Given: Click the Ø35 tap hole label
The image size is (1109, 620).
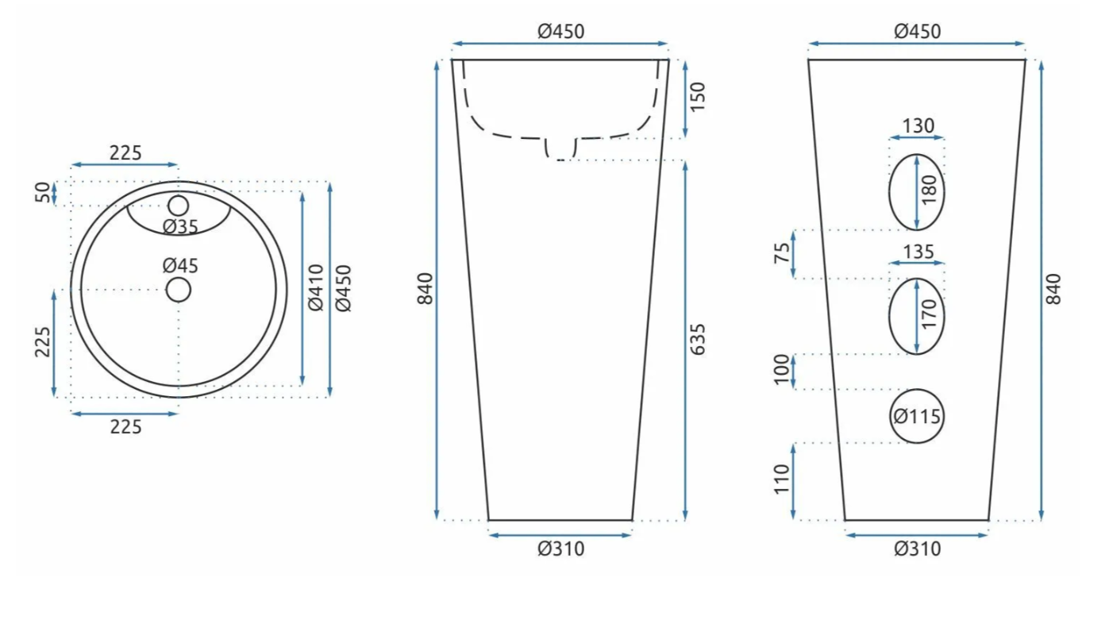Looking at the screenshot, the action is point(180,227).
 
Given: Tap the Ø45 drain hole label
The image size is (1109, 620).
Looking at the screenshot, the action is point(180,266).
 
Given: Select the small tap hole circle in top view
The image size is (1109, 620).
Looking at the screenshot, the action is point(179,206).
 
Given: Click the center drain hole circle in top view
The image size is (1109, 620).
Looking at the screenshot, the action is point(179,290).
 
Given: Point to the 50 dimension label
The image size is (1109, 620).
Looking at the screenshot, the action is point(43,193).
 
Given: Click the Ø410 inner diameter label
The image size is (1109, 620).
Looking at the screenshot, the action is point(315,287).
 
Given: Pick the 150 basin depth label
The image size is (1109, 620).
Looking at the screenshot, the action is point(697,98).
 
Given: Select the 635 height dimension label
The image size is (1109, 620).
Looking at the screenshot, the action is point(697,340).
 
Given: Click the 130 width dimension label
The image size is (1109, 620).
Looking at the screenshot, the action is point(918,125).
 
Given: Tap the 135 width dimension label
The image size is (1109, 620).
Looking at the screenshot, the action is point(918,252).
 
